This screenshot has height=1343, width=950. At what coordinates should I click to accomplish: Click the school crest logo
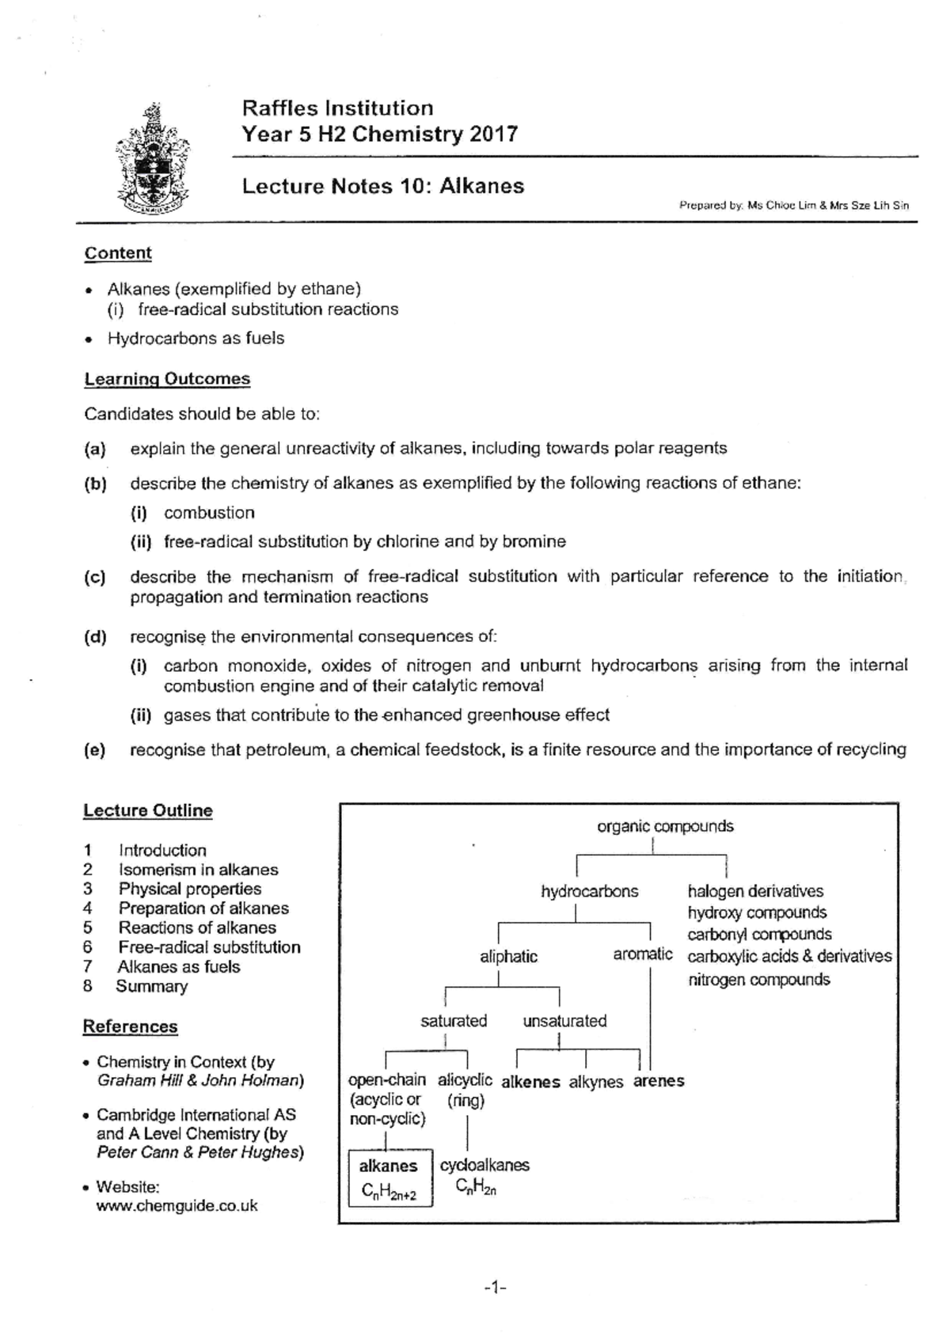click(x=152, y=161)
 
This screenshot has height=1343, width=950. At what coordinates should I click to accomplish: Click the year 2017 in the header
click(x=493, y=134)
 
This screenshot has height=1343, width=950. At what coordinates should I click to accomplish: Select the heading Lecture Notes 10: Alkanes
click(x=383, y=186)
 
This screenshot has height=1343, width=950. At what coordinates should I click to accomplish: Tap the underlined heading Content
click(x=118, y=253)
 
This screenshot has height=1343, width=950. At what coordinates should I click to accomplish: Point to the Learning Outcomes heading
click(x=167, y=379)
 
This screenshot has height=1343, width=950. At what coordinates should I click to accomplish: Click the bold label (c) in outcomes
click(x=95, y=577)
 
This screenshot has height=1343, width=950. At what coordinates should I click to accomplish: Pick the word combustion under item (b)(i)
click(x=209, y=513)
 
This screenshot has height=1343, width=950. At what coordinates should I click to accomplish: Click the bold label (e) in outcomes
click(x=95, y=750)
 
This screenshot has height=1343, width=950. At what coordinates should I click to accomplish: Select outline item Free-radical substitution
click(x=209, y=947)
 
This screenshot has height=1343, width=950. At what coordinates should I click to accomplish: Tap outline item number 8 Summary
click(x=151, y=986)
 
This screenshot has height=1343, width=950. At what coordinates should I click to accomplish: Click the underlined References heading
click(x=131, y=1026)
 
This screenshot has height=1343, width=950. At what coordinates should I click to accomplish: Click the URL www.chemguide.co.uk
click(x=177, y=1206)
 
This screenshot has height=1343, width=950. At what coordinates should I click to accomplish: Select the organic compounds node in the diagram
click(x=665, y=826)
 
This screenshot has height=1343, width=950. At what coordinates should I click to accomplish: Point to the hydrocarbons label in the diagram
click(x=589, y=891)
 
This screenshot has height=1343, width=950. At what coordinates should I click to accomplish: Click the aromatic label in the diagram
click(x=642, y=954)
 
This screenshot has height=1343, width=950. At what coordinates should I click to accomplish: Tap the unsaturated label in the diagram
click(x=564, y=1021)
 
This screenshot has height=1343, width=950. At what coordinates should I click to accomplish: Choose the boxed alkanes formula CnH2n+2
click(x=389, y=1190)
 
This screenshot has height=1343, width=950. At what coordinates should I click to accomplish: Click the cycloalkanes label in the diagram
click(x=484, y=1165)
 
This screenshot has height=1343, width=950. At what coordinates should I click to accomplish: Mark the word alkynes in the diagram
click(x=595, y=1082)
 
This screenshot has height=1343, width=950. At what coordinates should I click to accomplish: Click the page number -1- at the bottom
click(x=495, y=1288)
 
